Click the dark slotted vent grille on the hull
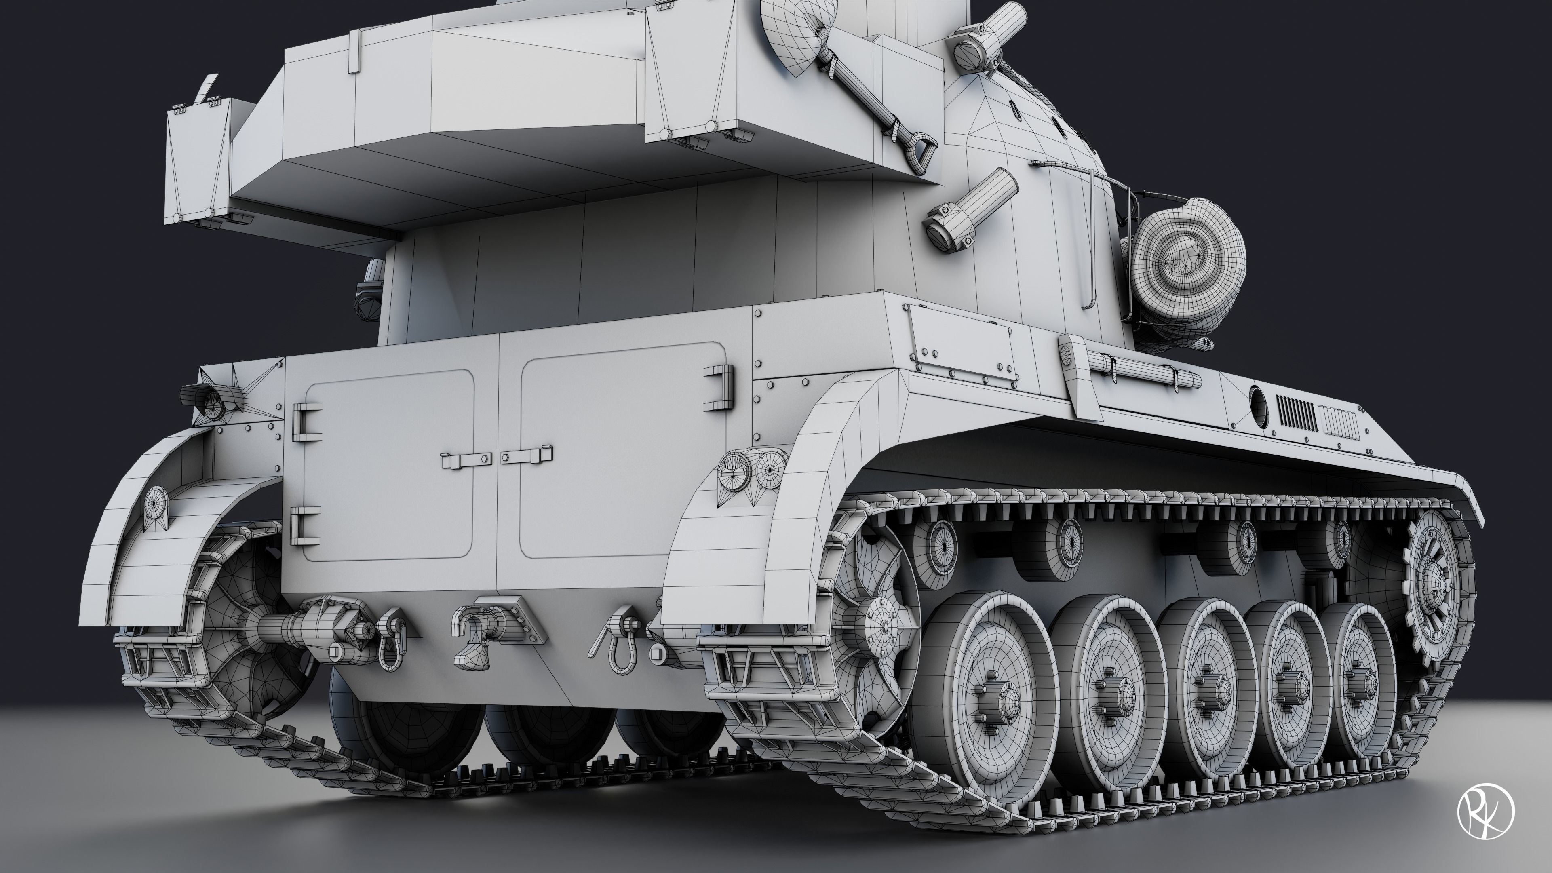point(1296,412)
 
